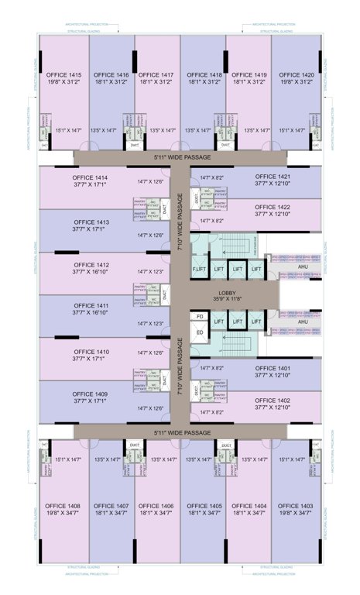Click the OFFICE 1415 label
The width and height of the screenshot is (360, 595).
click(63, 75)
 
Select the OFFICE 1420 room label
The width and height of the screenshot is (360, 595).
click(297, 75)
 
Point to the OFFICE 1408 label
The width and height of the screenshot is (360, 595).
click(63, 505)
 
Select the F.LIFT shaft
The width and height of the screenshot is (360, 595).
click(199, 268)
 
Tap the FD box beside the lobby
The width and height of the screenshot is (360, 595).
click(199, 317)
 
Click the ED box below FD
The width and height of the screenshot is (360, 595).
click(199, 332)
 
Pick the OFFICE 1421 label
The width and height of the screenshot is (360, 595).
click(273, 177)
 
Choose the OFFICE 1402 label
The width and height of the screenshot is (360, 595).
click(273, 400)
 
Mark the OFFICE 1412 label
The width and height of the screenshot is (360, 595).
click(91, 265)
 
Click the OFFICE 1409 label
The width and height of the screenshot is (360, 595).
click(91, 394)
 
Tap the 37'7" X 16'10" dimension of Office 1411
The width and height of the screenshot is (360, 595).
click(91, 314)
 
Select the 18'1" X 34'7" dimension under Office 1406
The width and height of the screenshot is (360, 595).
click(158, 513)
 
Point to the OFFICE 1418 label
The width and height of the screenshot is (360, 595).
click(204, 75)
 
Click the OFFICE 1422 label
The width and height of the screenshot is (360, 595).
click(273, 208)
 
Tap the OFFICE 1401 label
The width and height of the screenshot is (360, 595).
click(273, 368)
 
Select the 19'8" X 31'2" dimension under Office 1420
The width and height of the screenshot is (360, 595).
click(297, 83)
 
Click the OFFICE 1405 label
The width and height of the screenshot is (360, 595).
click(204, 505)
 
